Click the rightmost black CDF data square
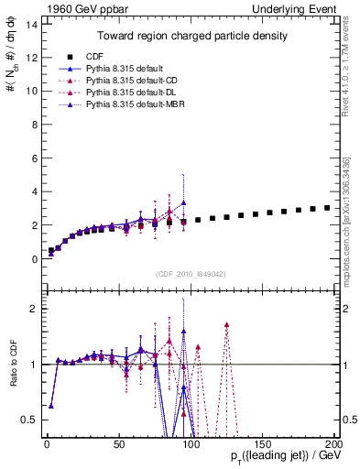pos(327,208)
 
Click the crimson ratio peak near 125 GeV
pos(226,325)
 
